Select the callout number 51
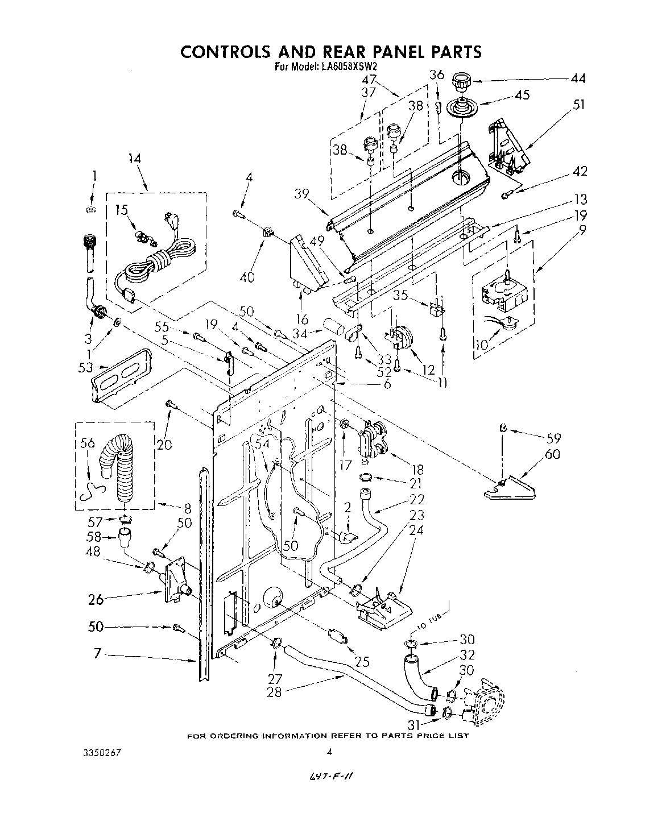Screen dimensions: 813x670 pyautogui.click(x=578, y=105)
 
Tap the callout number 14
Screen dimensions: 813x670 pyautogui.click(x=135, y=159)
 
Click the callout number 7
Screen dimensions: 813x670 pyautogui.click(x=98, y=654)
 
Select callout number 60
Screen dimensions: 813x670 pyautogui.click(x=552, y=454)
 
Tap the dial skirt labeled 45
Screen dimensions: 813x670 pyautogui.click(x=461, y=107)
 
